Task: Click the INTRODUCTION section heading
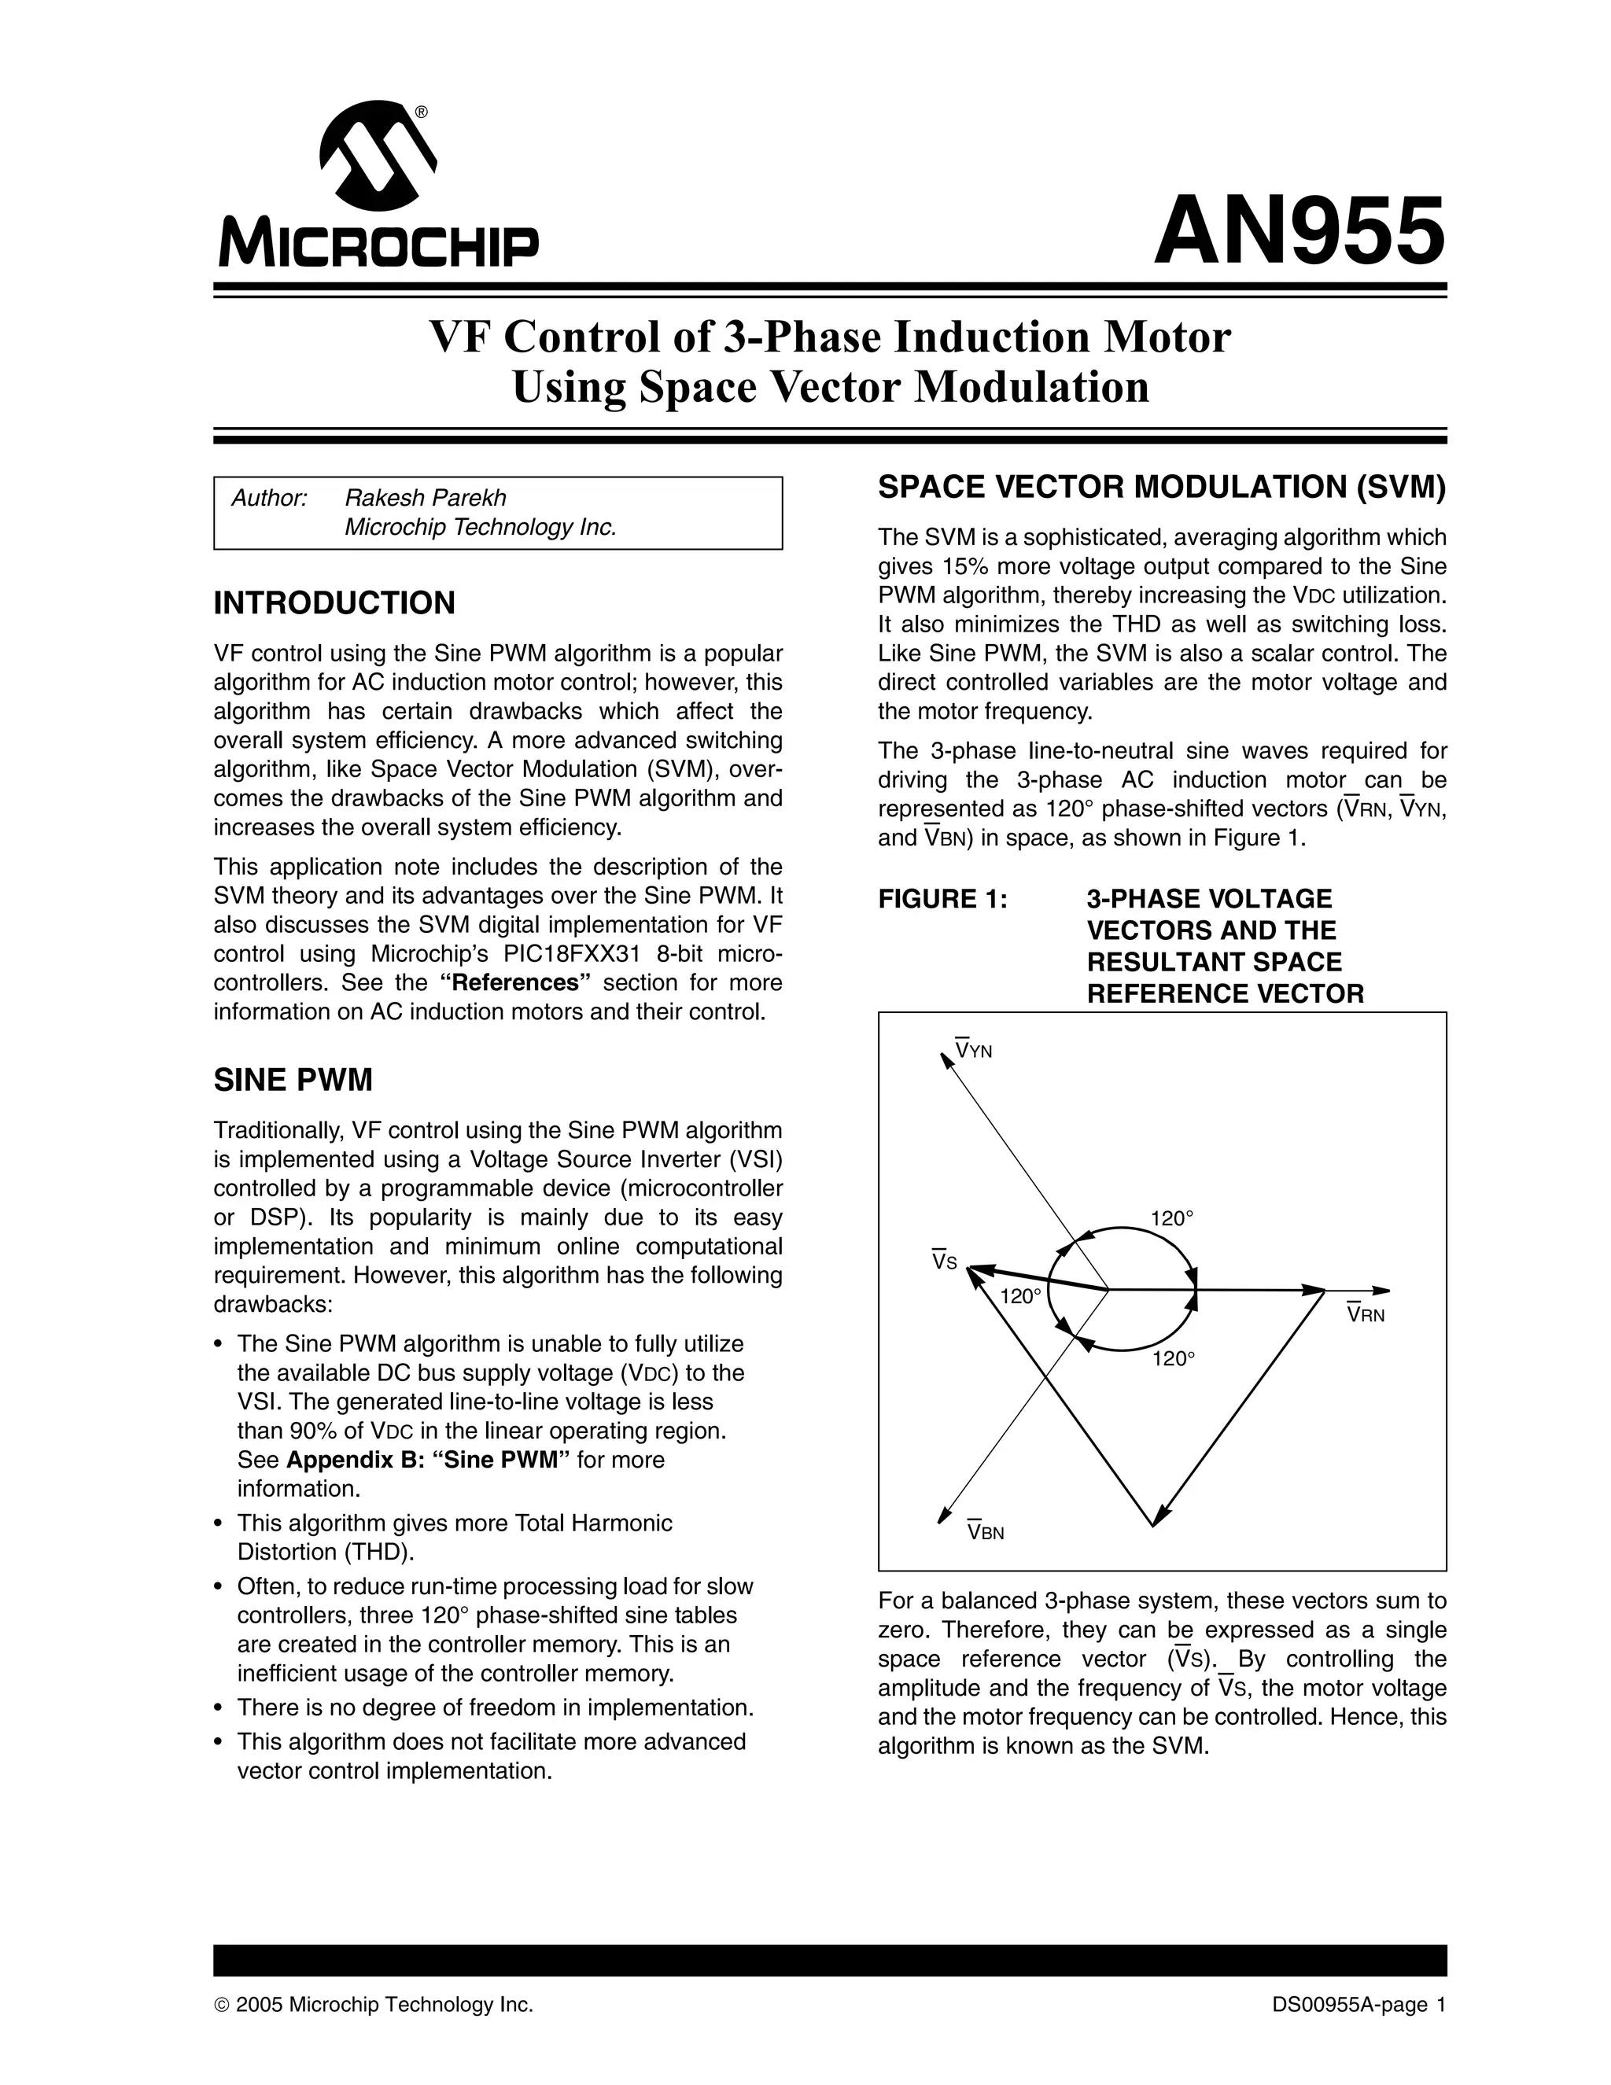click(x=334, y=603)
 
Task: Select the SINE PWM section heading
click(x=293, y=1081)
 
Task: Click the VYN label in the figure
click(x=974, y=1050)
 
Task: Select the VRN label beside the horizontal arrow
click(x=1366, y=1314)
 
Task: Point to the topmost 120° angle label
click(x=1173, y=1218)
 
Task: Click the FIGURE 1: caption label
click(x=943, y=899)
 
